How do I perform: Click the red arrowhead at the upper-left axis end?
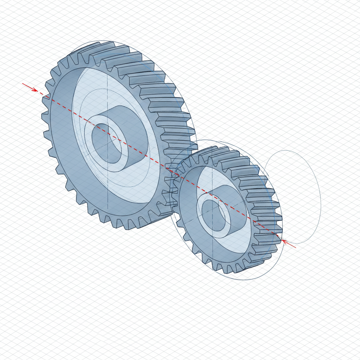(35, 90)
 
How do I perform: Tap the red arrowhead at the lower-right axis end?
(285, 242)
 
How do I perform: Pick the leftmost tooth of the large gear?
(45, 114)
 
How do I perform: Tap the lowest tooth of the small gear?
(230, 269)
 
